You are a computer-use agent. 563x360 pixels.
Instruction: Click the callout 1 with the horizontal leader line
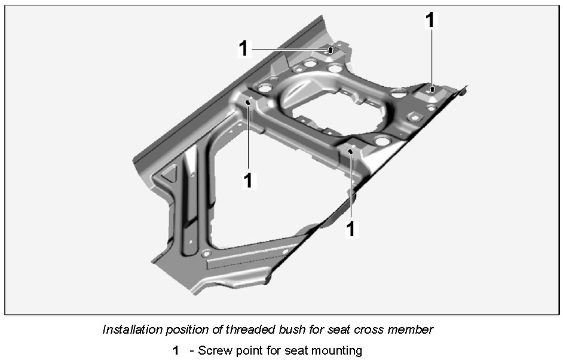pyautogui.click(x=243, y=48)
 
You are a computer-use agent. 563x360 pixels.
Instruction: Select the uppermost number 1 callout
pyautogui.click(x=430, y=20)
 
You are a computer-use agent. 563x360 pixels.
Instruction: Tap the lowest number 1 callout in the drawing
pyautogui.click(x=352, y=228)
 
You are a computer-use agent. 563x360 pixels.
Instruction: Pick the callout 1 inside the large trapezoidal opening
pyautogui.click(x=248, y=180)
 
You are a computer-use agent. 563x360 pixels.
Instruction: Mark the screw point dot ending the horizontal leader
pyautogui.click(x=330, y=50)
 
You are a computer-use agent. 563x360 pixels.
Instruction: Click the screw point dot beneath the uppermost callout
pyautogui.click(x=432, y=90)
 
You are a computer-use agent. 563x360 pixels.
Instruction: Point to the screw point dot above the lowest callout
pyautogui.click(x=351, y=152)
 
